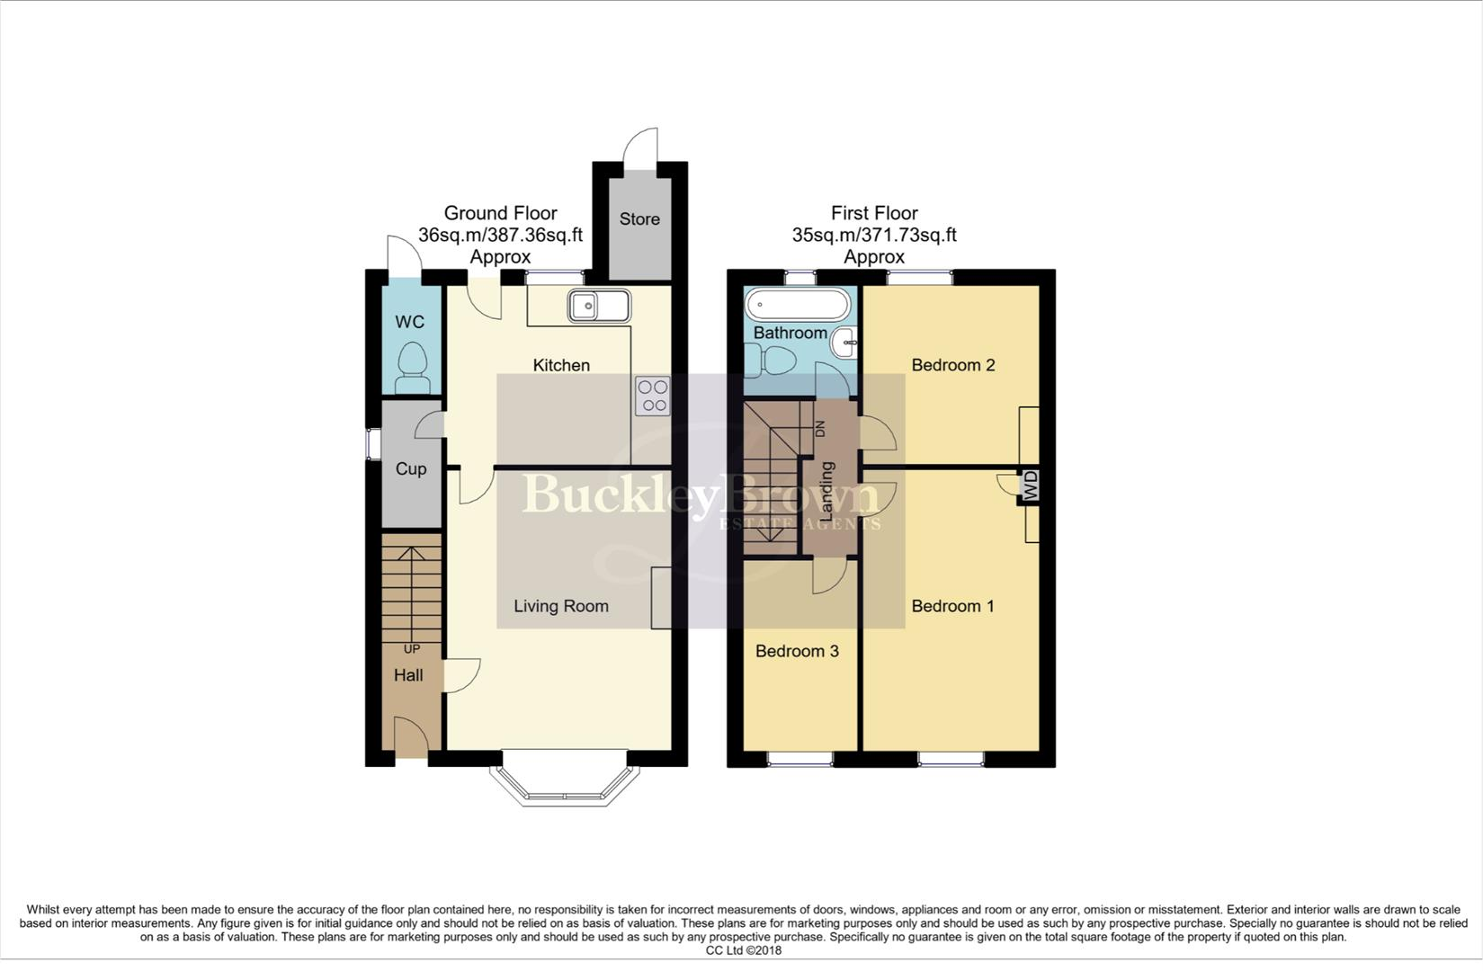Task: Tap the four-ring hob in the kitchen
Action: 653,396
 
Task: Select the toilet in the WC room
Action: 413,367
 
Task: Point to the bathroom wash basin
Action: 844,343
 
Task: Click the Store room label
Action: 639,219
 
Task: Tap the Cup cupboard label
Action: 411,469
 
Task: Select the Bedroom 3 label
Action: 797,651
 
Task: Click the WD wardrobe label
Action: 1031,485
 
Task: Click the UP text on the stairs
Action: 412,649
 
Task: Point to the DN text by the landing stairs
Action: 819,429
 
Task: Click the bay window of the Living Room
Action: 564,788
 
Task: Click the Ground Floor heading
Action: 500,213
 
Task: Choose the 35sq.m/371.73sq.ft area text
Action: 873,236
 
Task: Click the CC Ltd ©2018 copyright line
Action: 743,950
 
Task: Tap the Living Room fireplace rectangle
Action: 661,598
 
